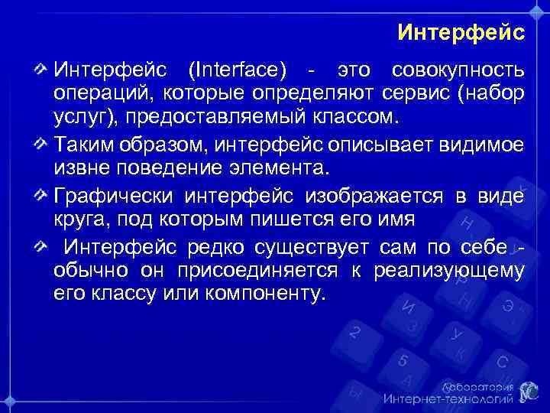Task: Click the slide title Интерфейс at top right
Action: [461, 33]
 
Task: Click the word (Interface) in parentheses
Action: [238, 71]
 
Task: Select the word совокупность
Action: [458, 71]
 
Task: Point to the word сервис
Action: [416, 95]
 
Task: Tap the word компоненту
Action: [262, 294]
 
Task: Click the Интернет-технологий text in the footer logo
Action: [448, 398]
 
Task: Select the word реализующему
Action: [450, 272]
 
